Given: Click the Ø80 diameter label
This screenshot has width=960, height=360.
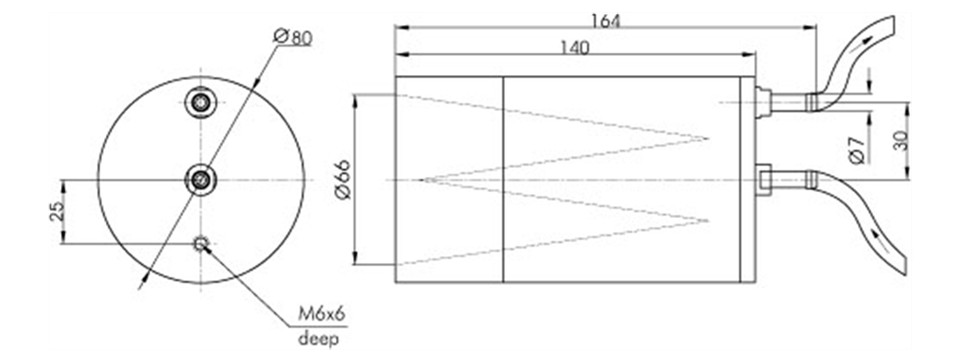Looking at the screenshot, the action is pos(293,37).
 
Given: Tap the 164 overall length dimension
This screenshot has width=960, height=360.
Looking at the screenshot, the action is pos(606,20).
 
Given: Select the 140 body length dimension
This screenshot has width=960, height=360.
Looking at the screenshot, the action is pos(574,48).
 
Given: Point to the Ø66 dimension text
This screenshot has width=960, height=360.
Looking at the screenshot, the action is pos(343,179).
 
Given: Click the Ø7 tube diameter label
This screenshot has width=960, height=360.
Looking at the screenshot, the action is pos(857,150).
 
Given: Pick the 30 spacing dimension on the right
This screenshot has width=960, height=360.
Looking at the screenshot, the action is pos(899,141).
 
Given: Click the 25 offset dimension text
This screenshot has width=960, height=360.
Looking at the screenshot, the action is pos(56,212).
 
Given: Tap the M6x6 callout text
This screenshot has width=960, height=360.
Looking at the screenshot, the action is pos(321,314).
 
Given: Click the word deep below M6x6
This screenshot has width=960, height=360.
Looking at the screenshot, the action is pos(318,338).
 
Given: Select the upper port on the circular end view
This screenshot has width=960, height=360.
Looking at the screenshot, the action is pos(201,102).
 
